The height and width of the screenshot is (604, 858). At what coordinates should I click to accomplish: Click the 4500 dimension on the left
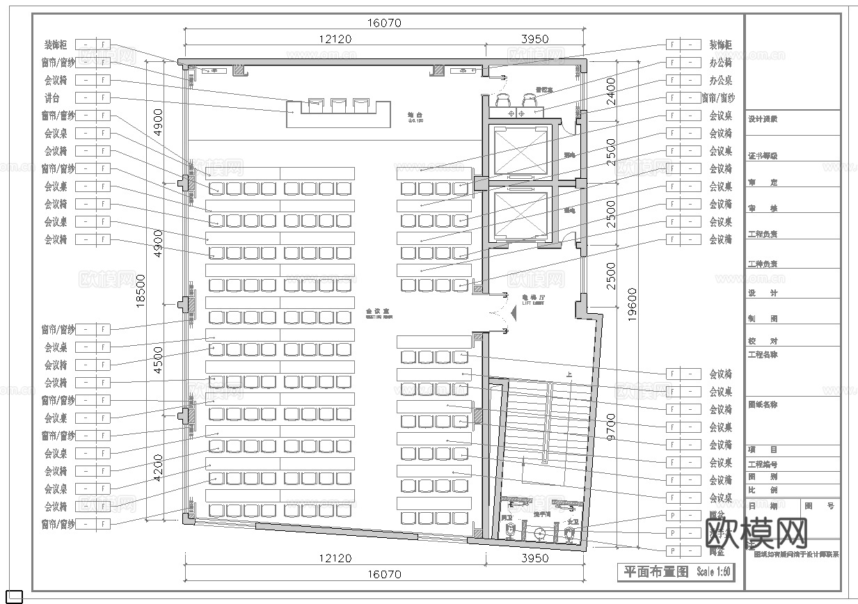[159, 360]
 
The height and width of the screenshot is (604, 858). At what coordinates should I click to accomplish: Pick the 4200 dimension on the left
[159, 468]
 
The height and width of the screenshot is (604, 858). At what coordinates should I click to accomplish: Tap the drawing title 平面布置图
[655, 572]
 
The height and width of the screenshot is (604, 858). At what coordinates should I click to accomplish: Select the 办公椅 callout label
[720, 63]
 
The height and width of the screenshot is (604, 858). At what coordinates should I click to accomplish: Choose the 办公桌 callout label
[720, 81]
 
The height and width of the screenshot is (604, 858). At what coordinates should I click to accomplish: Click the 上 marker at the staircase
[569, 375]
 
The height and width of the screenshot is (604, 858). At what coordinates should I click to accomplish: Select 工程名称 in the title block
[763, 355]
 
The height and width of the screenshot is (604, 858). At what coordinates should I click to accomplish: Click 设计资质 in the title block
[763, 119]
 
